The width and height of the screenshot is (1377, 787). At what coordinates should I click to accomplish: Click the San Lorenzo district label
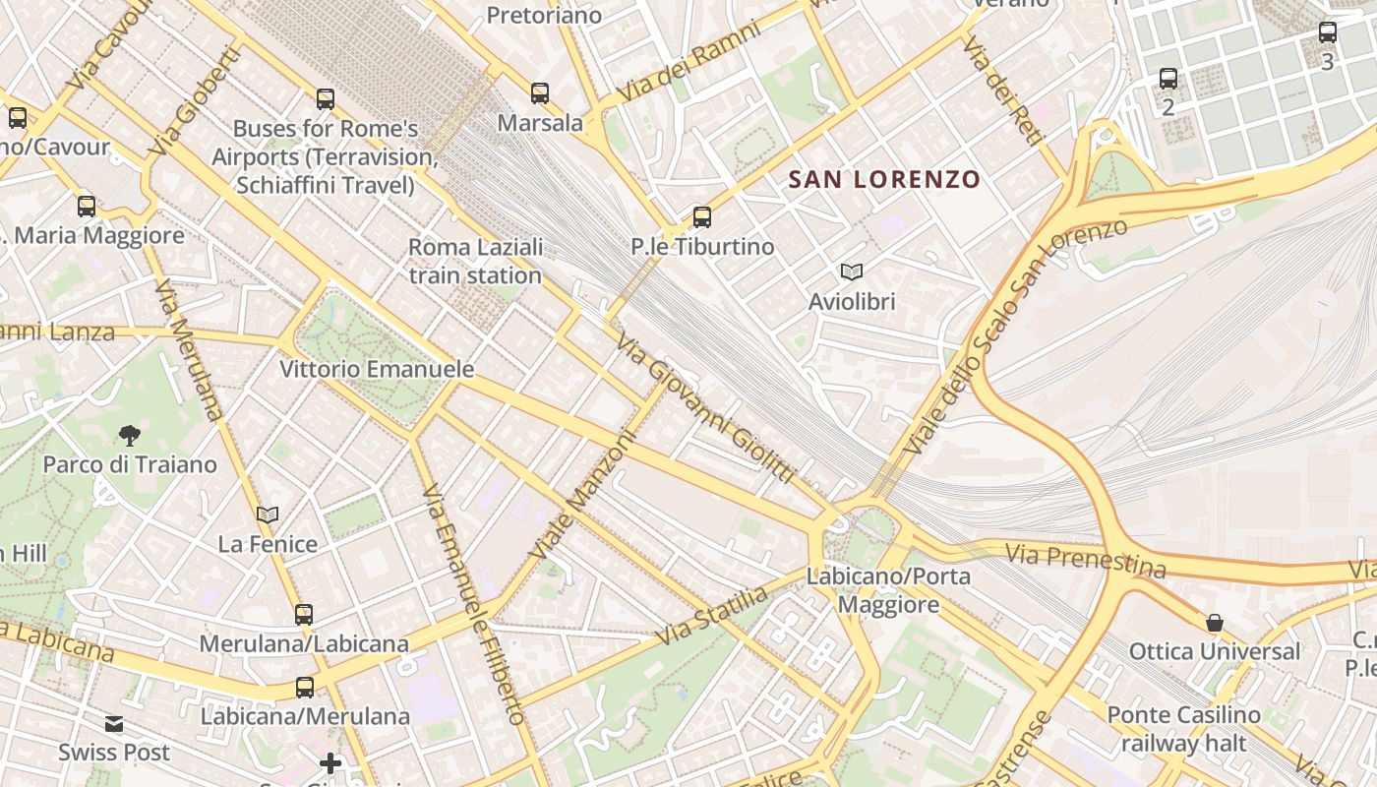pyautogui.click(x=885, y=179)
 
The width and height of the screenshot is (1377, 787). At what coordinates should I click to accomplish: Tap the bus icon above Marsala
pyautogui.click(x=540, y=93)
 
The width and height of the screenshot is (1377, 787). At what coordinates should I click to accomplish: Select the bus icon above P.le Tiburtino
pyautogui.click(x=701, y=217)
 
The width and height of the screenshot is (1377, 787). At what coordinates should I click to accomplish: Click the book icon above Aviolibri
pyautogui.click(x=852, y=272)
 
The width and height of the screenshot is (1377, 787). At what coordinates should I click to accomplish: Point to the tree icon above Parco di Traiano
pyautogui.click(x=129, y=435)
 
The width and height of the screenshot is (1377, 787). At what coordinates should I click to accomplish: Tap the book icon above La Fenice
pyautogui.click(x=268, y=515)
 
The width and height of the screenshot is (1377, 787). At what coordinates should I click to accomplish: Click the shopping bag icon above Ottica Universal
pyautogui.click(x=1215, y=622)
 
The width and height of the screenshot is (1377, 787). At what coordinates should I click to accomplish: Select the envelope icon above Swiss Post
pyautogui.click(x=114, y=724)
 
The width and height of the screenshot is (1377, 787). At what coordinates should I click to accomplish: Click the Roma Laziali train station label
pyautogui.click(x=476, y=261)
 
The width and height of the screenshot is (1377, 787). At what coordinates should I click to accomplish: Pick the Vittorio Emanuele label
pyautogui.click(x=377, y=369)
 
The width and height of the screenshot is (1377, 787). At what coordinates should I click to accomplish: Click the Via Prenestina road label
pyautogui.click(x=1085, y=560)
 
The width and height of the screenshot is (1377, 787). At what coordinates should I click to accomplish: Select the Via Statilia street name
pyautogui.click(x=711, y=616)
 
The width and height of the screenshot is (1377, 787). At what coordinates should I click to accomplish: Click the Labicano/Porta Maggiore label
pyautogui.click(x=888, y=589)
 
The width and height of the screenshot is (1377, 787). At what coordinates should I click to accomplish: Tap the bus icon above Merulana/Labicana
pyautogui.click(x=304, y=615)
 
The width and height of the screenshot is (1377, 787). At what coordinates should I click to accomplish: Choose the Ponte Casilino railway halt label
pyautogui.click(x=1184, y=728)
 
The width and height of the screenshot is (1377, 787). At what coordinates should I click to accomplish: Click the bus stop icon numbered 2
pyautogui.click(x=1168, y=79)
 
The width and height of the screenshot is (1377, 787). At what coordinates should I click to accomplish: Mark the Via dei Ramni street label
pyautogui.click(x=688, y=61)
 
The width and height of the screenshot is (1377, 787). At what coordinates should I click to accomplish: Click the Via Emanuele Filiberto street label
pyautogui.click(x=473, y=604)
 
